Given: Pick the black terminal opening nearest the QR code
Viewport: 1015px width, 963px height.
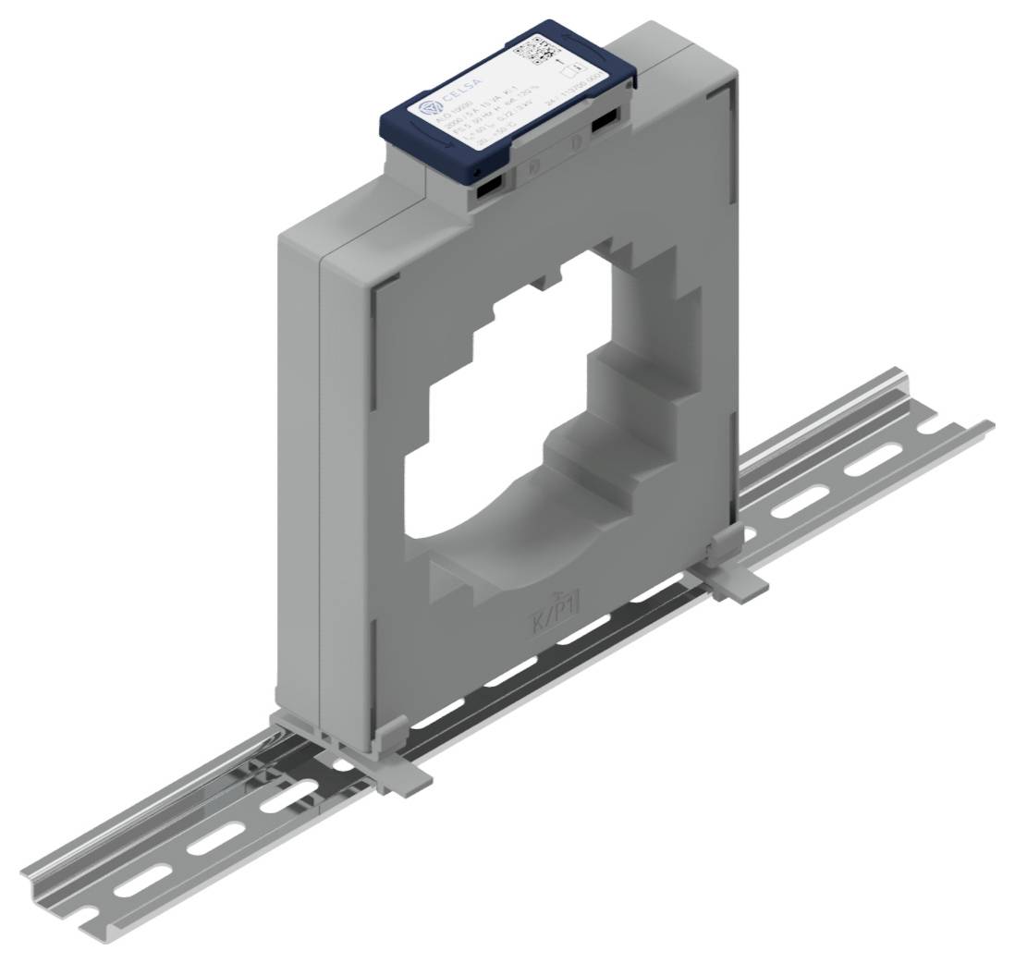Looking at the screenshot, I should click(x=605, y=122).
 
